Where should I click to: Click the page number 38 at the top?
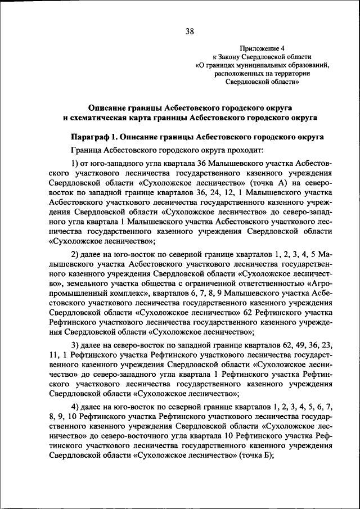pyautogui.click(x=190, y=32)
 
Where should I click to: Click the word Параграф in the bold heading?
pyautogui.click(x=92, y=137)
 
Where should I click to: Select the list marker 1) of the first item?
pyautogui.click(x=75, y=163)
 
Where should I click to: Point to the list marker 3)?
pyautogui.click(x=75, y=344)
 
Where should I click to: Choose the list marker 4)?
pyautogui.click(x=75, y=406)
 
